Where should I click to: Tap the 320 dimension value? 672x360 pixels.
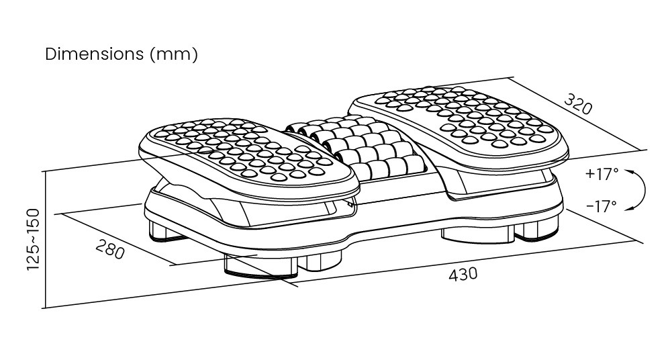click(x=577, y=104)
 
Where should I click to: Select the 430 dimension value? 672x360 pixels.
click(x=463, y=274)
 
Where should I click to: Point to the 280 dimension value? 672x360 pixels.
click(x=110, y=249)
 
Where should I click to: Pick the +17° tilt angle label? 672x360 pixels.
click(x=601, y=174)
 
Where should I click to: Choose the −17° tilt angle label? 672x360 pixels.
click(x=601, y=206)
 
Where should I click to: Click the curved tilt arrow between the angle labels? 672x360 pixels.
click(x=642, y=190)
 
